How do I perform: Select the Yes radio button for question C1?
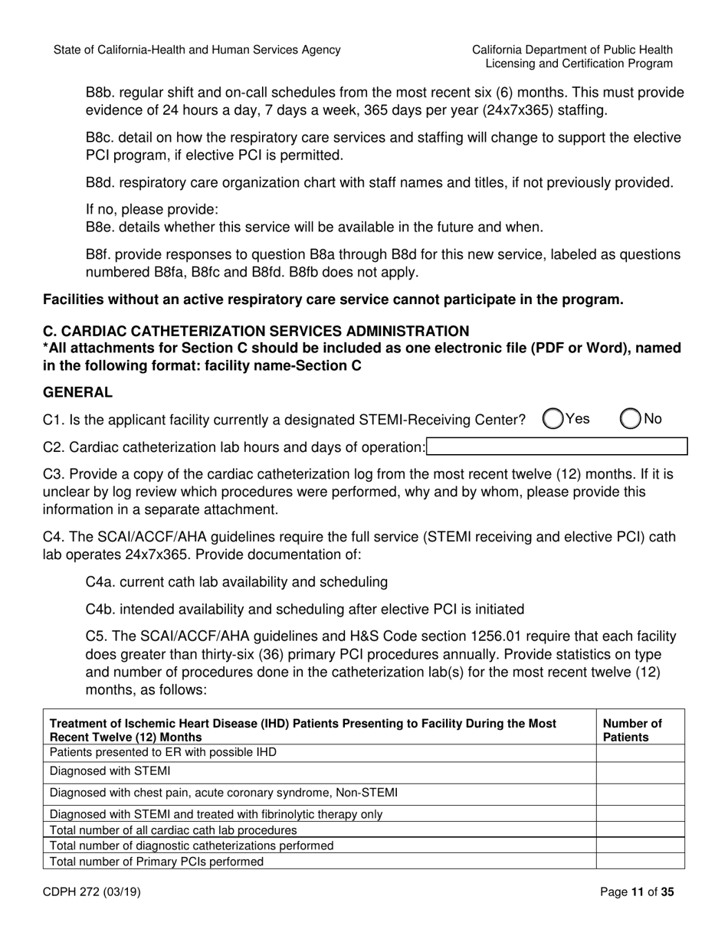[x=553, y=419]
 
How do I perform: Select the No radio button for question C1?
[x=630, y=419]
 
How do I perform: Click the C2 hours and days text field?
[x=556, y=446]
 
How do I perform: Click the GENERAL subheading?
[x=77, y=392]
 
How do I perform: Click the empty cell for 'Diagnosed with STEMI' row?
[x=640, y=772]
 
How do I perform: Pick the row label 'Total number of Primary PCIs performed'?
[x=156, y=862]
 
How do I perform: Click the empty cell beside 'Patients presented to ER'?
[x=640, y=753]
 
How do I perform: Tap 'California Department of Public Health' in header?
[x=572, y=50]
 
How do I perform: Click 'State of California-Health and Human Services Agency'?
[x=197, y=50]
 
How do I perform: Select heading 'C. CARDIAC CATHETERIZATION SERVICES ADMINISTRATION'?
[x=256, y=331]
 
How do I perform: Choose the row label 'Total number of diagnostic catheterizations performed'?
[x=192, y=846]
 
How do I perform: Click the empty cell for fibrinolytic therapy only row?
[x=640, y=813]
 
